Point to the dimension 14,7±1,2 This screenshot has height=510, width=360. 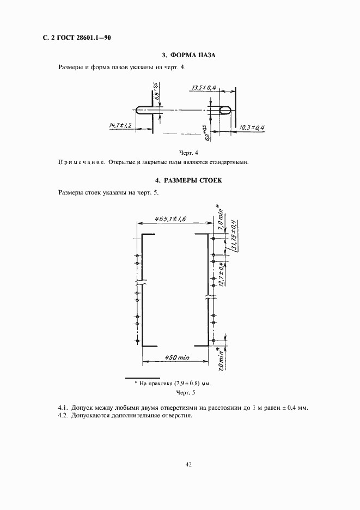[121, 125]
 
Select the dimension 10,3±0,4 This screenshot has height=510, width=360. [252, 127]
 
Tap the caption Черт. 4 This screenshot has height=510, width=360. [189, 152]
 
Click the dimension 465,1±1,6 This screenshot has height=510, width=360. [162, 217]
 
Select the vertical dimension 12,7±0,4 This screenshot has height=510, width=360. [222, 275]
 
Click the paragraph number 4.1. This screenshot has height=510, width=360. [63, 408]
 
